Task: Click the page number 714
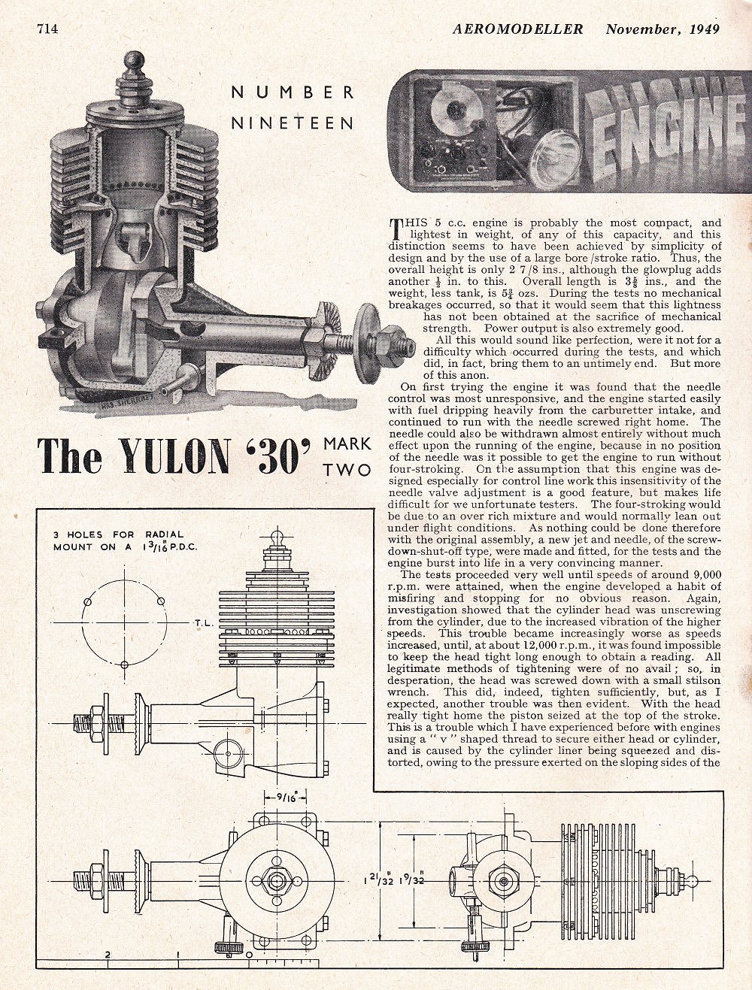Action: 47,29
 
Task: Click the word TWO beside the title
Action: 347,470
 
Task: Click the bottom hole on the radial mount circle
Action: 124,664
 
